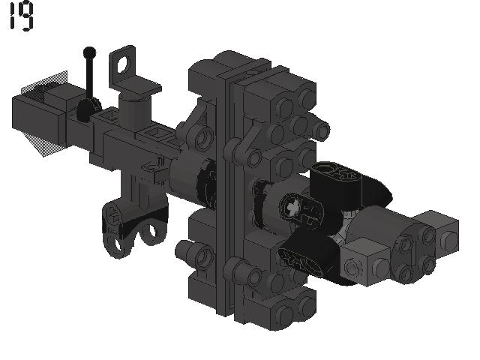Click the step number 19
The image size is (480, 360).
coord(22,16)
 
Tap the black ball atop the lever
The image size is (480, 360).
coord(89,52)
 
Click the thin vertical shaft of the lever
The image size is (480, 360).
coord(90,78)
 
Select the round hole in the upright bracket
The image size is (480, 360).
coord(124,64)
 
